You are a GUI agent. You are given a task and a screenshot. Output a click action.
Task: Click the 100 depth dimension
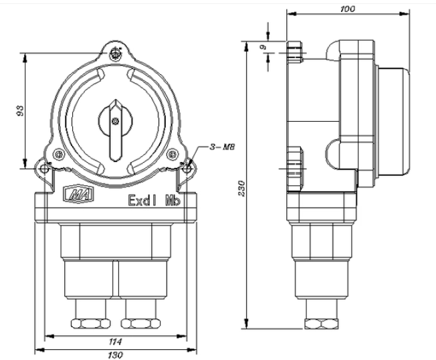[347, 9]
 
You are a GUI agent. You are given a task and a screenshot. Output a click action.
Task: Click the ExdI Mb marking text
[152, 199]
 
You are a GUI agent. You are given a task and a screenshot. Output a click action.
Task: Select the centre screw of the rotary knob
[116, 120]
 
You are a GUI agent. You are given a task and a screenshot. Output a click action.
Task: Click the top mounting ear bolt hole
[117, 52]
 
